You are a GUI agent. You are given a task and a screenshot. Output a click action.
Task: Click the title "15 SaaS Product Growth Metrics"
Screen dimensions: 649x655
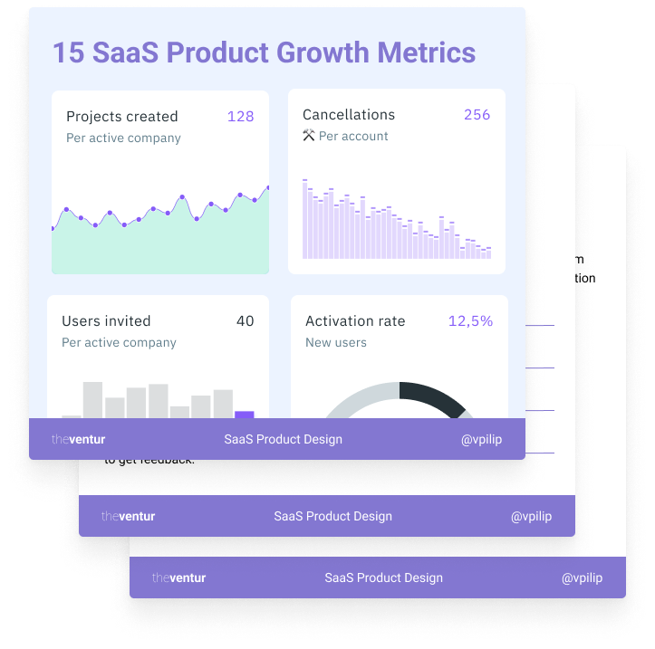pos(264,52)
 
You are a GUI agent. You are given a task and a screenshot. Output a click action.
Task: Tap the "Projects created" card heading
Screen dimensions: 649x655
pos(122,117)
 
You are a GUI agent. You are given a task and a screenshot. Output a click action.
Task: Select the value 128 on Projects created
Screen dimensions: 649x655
pos(240,117)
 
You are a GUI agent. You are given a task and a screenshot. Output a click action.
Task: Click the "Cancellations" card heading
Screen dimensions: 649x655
pos(349,115)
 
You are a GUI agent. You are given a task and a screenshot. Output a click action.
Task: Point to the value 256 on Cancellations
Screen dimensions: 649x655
pos(477,115)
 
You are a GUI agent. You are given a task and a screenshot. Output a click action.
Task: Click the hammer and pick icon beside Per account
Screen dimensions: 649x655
pos(308,136)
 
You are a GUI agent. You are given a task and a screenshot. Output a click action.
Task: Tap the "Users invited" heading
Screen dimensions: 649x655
pos(106,321)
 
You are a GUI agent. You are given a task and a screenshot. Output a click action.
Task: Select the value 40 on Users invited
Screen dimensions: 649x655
pos(245,321)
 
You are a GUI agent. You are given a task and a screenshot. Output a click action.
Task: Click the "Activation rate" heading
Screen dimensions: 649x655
pos(355,321)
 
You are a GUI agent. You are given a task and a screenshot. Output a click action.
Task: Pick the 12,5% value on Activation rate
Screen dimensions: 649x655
pos(470,321)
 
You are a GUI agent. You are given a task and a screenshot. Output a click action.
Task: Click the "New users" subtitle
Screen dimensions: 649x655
pos(336,342)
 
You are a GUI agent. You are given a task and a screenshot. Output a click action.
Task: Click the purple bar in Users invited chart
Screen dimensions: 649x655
pos(245,415)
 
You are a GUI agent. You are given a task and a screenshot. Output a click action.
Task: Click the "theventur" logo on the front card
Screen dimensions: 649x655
pos(79,440)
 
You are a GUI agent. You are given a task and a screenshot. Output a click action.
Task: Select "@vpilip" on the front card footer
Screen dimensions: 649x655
pos(480,440)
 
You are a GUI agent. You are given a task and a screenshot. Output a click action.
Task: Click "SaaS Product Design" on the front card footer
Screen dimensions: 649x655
pos(284,440)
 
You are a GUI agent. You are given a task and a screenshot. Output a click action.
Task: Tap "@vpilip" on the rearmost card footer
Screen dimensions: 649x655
pos(582,577)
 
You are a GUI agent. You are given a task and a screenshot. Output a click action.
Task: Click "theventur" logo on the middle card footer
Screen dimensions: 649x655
pos(129,517)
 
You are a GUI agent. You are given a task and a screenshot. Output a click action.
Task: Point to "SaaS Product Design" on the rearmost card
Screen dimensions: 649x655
pos(384,577)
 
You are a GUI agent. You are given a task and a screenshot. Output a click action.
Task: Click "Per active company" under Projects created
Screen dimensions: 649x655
pos(123,138)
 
